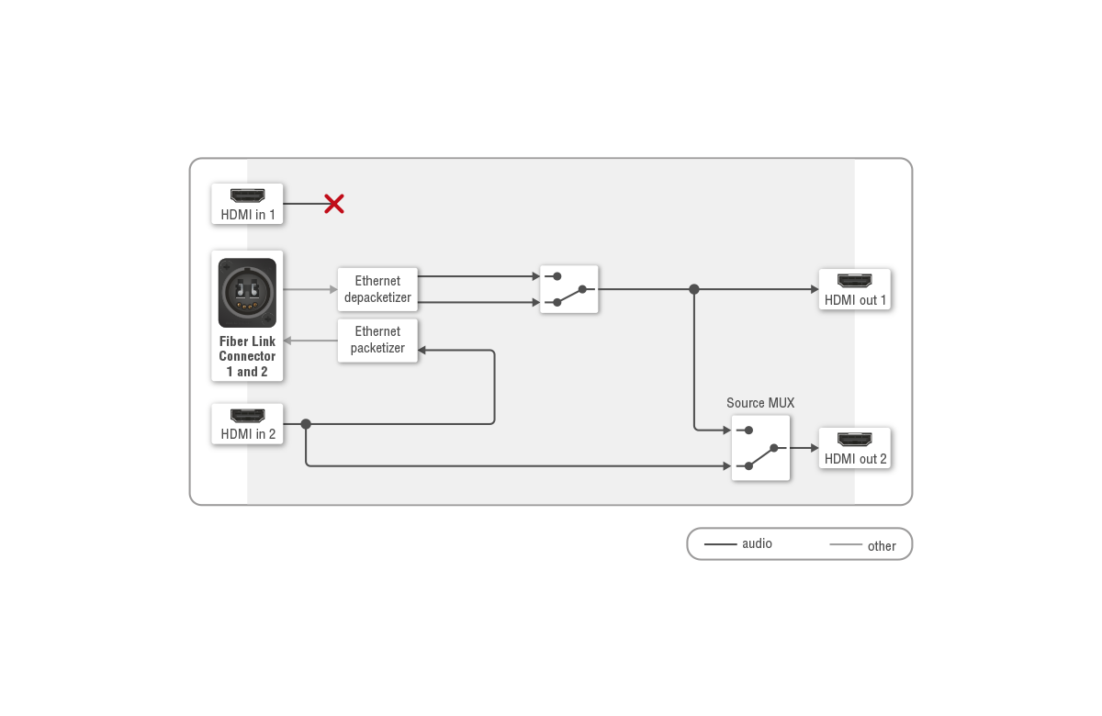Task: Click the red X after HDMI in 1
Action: (334, 204)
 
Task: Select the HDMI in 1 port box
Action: (247, 204)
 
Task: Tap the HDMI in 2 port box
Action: (247, 424)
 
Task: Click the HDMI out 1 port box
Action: (855, 289)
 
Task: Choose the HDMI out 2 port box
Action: (855, 448)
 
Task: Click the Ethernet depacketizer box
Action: (377, 289)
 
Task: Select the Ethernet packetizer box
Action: (377, 340)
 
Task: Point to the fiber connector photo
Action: (247, 293)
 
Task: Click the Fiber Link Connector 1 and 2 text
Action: (247, 356)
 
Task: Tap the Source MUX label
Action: (760, 403)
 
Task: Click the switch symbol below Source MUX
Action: (760, 448)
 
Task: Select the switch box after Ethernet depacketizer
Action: (569, 289)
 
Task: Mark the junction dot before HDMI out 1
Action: (694, 289)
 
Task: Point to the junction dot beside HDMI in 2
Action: (306, 424)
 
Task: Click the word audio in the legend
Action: (757, 543)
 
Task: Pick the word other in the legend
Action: (882, 546)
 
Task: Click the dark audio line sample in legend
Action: (720, 544)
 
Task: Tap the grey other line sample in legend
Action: (845, 545)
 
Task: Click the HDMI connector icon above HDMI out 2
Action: (855, 439)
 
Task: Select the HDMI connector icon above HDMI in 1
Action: (247, 196)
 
